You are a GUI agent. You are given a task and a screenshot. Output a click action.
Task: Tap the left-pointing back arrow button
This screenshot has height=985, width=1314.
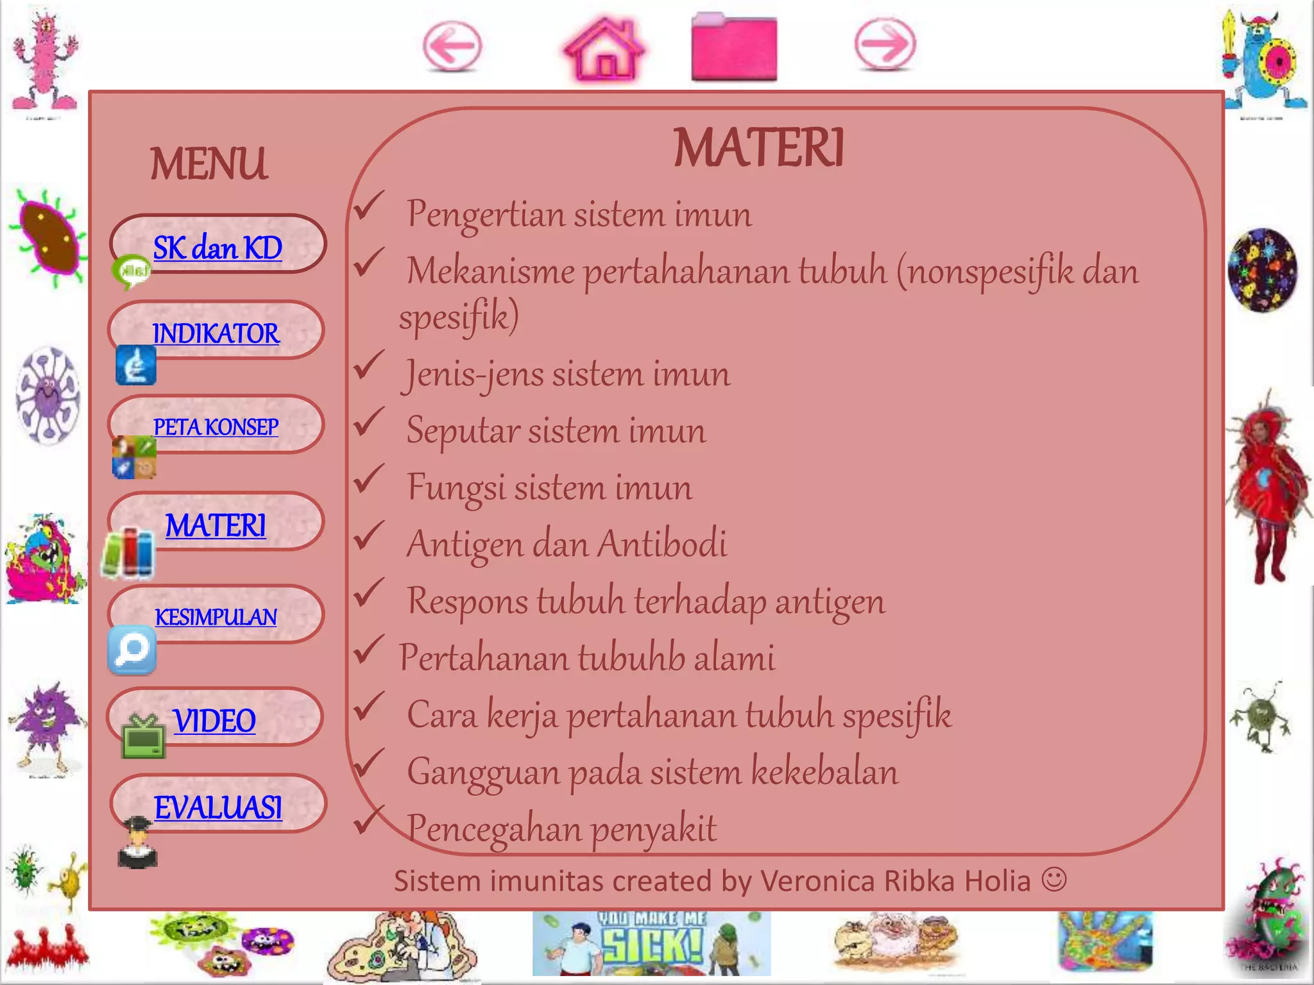click(x=452, y=47)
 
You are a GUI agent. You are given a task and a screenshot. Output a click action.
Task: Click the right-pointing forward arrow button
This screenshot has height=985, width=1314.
click(x=885, y=44)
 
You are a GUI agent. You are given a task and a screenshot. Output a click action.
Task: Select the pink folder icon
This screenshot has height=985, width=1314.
click(x=734, y=49)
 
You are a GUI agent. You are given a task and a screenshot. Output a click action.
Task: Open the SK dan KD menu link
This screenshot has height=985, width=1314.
click(x=218, y=248)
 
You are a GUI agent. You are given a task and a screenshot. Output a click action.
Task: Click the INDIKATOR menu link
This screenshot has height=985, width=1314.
click(x=216, y=333)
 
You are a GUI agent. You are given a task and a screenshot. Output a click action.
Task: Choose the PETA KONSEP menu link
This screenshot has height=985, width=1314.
click(x=216, y=427)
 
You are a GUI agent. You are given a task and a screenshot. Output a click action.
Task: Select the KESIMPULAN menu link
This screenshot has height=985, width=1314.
click(x=216, y=617)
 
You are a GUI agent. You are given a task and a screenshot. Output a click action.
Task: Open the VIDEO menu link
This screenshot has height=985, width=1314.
click(x=214, y=721)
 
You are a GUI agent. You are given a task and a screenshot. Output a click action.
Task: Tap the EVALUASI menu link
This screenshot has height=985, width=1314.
click(x=218, y=807)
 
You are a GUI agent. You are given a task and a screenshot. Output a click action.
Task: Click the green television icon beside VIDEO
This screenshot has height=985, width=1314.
click(x=143, y=737)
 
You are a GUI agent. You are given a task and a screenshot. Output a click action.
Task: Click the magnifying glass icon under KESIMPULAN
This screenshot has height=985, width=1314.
click(x=132, y=650)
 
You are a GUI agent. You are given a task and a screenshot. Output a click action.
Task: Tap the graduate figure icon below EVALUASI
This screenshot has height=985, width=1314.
click(x=138, y=843)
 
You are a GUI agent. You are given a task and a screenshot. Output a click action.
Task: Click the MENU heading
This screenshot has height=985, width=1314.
click(x=209, y=164)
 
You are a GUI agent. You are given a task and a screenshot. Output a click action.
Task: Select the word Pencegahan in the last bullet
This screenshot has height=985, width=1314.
click(x=493, y=829)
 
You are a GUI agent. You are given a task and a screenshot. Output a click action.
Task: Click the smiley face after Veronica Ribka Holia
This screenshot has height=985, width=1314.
click(x=1054, y=879)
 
